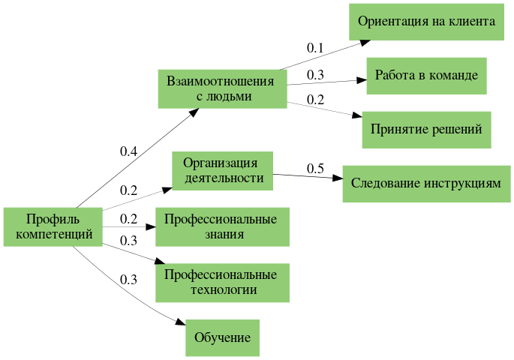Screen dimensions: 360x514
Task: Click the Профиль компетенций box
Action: click(x=53, y=226)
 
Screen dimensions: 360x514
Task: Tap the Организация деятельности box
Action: click(x=223, y=170)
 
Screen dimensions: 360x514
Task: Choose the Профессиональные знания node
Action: click(x=223, y=226)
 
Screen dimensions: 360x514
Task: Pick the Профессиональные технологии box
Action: click(x=223, y=282)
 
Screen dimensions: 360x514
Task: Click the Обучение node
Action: click(x=223, y=337)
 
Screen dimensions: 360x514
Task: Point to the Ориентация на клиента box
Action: click(x=426, y=21)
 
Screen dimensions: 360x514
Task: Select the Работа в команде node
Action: click(x=426, y=76)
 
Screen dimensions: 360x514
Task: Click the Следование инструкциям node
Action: click(x=426, y=183)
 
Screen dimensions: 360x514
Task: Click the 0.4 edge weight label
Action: click(x=128, y=151)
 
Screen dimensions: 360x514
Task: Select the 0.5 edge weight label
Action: click(x=315, y=168)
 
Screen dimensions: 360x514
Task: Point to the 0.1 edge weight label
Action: click(x=315, y=48)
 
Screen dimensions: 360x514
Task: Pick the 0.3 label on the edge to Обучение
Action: click(x=128, y=280)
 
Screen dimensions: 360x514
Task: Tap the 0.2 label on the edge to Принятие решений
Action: click(x=315, y=100)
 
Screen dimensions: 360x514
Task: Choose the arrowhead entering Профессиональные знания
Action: click(x=151, y=226)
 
